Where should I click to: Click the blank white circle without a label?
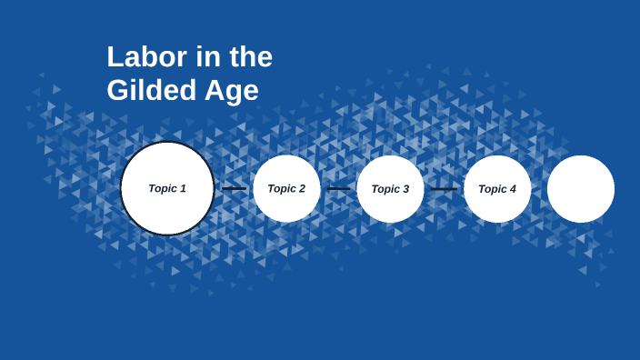tap(581, 189)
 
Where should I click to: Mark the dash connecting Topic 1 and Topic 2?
tap(234, 189)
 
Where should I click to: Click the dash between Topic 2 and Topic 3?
tap(338, 189)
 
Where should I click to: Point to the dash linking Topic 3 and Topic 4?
tap(444, 189)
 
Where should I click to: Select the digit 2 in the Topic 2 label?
tap(301, 188)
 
